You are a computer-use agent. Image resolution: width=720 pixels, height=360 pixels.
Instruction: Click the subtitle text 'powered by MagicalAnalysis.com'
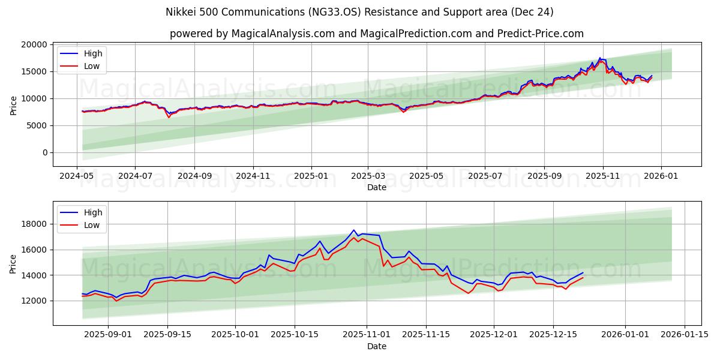click(x=252, y=34)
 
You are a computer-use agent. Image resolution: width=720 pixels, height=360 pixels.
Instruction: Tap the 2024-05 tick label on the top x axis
click(x=77, y=177)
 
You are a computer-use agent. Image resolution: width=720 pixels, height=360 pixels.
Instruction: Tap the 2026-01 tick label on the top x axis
click(x=661, y=177)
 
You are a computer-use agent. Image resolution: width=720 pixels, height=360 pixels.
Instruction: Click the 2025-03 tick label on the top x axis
click(x=368, y=177)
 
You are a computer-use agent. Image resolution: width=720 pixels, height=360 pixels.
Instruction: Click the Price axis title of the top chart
click(x=14, y=105)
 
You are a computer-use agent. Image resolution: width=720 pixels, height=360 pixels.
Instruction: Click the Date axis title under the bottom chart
click(x=376, y=346)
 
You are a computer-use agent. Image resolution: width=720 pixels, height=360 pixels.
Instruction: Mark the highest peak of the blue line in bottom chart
click(x=354, y=230)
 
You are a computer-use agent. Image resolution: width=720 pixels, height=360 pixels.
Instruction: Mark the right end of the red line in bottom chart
click(x=583, y=277)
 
